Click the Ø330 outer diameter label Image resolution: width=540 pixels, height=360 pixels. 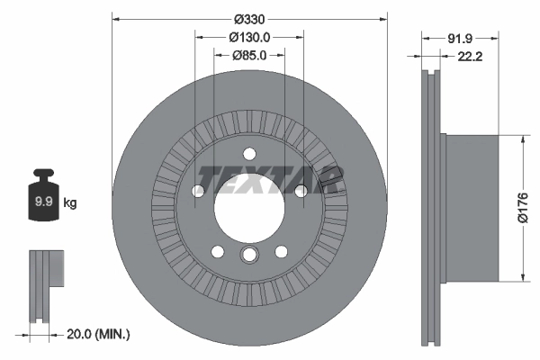coord(249,18)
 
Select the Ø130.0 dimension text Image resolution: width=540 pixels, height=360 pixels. coord(250,37)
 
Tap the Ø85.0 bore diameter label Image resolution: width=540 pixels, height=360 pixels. coord(249,56)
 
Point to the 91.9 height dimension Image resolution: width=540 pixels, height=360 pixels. coord(460,38)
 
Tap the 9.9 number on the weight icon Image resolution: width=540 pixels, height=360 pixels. coord(42,202)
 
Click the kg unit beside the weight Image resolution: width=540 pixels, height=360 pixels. coord(70,202)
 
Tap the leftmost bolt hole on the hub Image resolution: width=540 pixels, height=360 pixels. coord(198,190)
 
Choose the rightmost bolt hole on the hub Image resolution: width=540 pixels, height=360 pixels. coord(301,190)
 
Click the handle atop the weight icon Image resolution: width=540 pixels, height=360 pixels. coord(42,175)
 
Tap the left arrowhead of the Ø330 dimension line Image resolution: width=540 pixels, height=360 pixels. coord(115,18)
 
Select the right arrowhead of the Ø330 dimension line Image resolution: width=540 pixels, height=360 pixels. coord(384,18)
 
